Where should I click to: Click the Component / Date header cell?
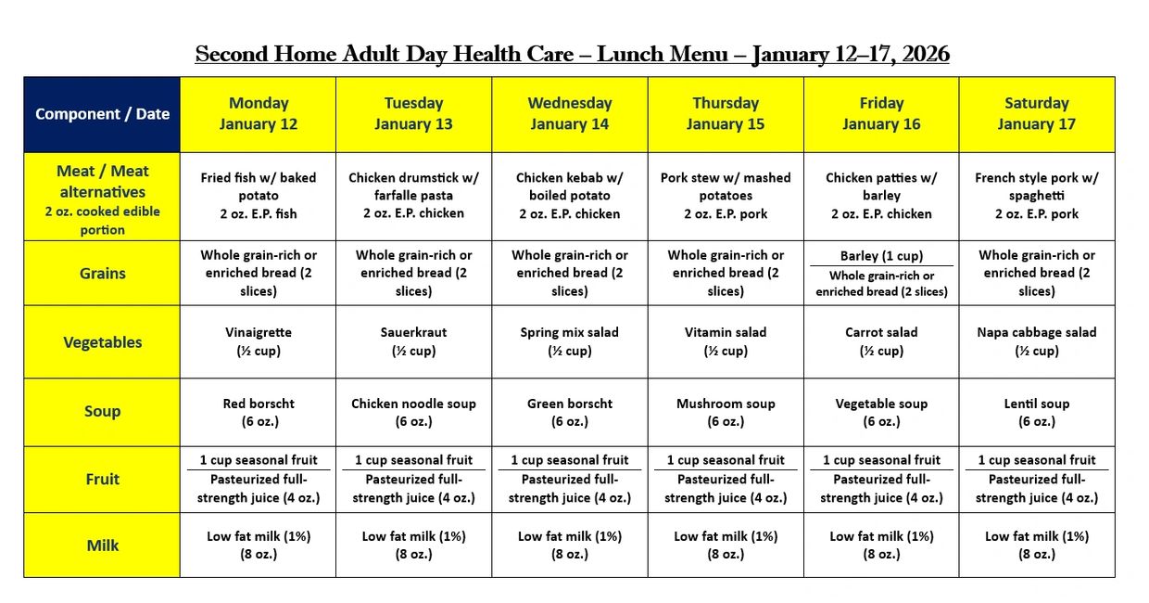pos(102,114)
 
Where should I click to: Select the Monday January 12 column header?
pos(259,114)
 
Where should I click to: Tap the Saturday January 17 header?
pos(1036,114)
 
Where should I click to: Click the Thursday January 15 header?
pos(726,114)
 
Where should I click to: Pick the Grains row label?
pos(102,274)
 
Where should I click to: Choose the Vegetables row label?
pos(102,342)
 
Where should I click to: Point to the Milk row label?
pos(102,545)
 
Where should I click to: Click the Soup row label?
pos(102,412)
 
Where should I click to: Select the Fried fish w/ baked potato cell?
pos(259,196)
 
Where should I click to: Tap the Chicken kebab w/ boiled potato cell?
pos(570,196)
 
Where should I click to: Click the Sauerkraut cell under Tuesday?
pos(414,341)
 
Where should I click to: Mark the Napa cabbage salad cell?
pos(1036,341)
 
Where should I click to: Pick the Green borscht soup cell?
pos(570,412)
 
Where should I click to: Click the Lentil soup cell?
pos(1036,412)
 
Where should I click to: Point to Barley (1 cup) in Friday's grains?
pos(881,256)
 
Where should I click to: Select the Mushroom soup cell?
pos(726,412)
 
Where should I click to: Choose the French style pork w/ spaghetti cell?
pos(1036,196)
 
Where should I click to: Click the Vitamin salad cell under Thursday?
pos(726,341)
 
